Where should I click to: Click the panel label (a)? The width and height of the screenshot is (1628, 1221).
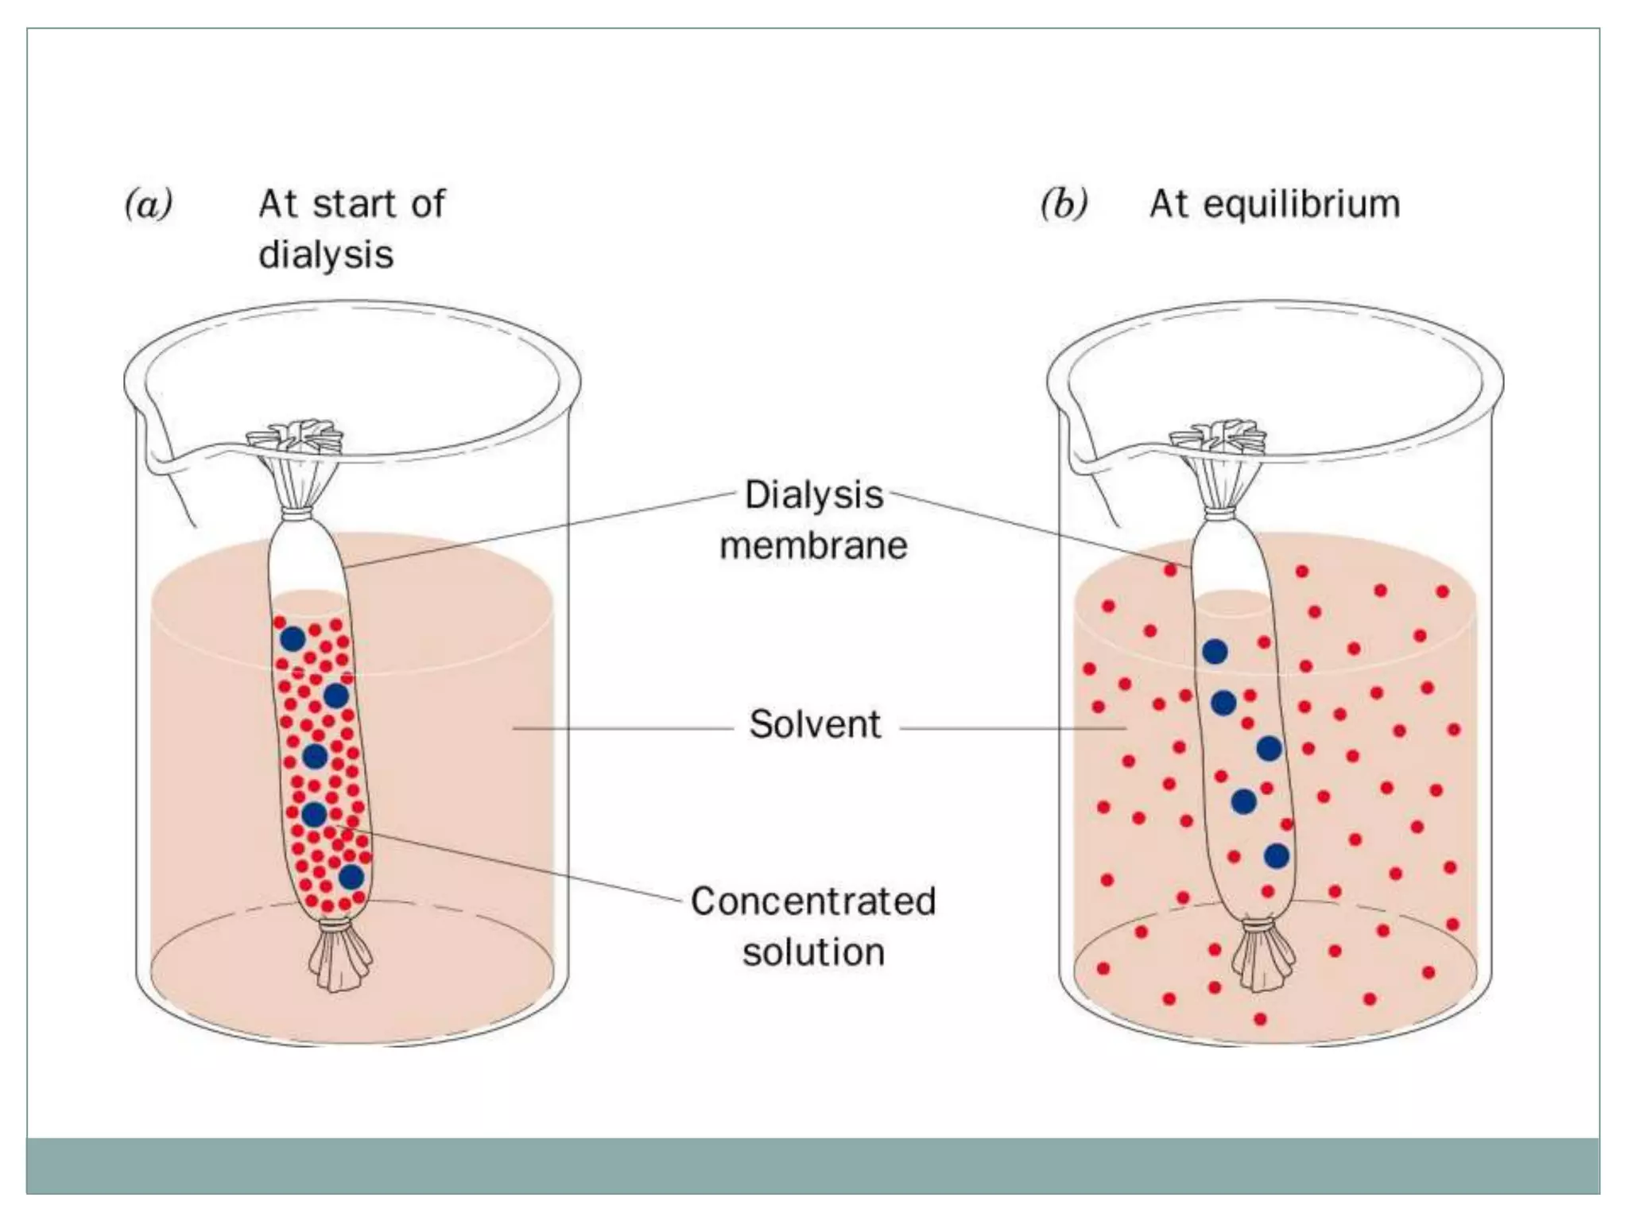tap(149, 204)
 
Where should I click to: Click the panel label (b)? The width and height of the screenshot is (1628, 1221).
tap(1064, 204)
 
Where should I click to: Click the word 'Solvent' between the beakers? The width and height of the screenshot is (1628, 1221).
tap(815, 725)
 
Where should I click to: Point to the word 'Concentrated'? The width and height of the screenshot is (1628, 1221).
tap(813, 901)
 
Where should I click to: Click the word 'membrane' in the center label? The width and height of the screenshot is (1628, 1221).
tap(813, 546)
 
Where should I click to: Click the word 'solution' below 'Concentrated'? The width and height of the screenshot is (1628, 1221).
tap(813, 952)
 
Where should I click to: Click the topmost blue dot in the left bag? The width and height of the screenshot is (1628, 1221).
tap(293, 638)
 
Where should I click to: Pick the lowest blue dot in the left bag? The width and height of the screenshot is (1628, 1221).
tap(351, 878)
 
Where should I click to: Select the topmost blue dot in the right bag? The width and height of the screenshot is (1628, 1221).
tap(1214, 652)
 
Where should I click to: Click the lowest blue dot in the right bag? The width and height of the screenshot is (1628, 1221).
tap(1276, 856)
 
